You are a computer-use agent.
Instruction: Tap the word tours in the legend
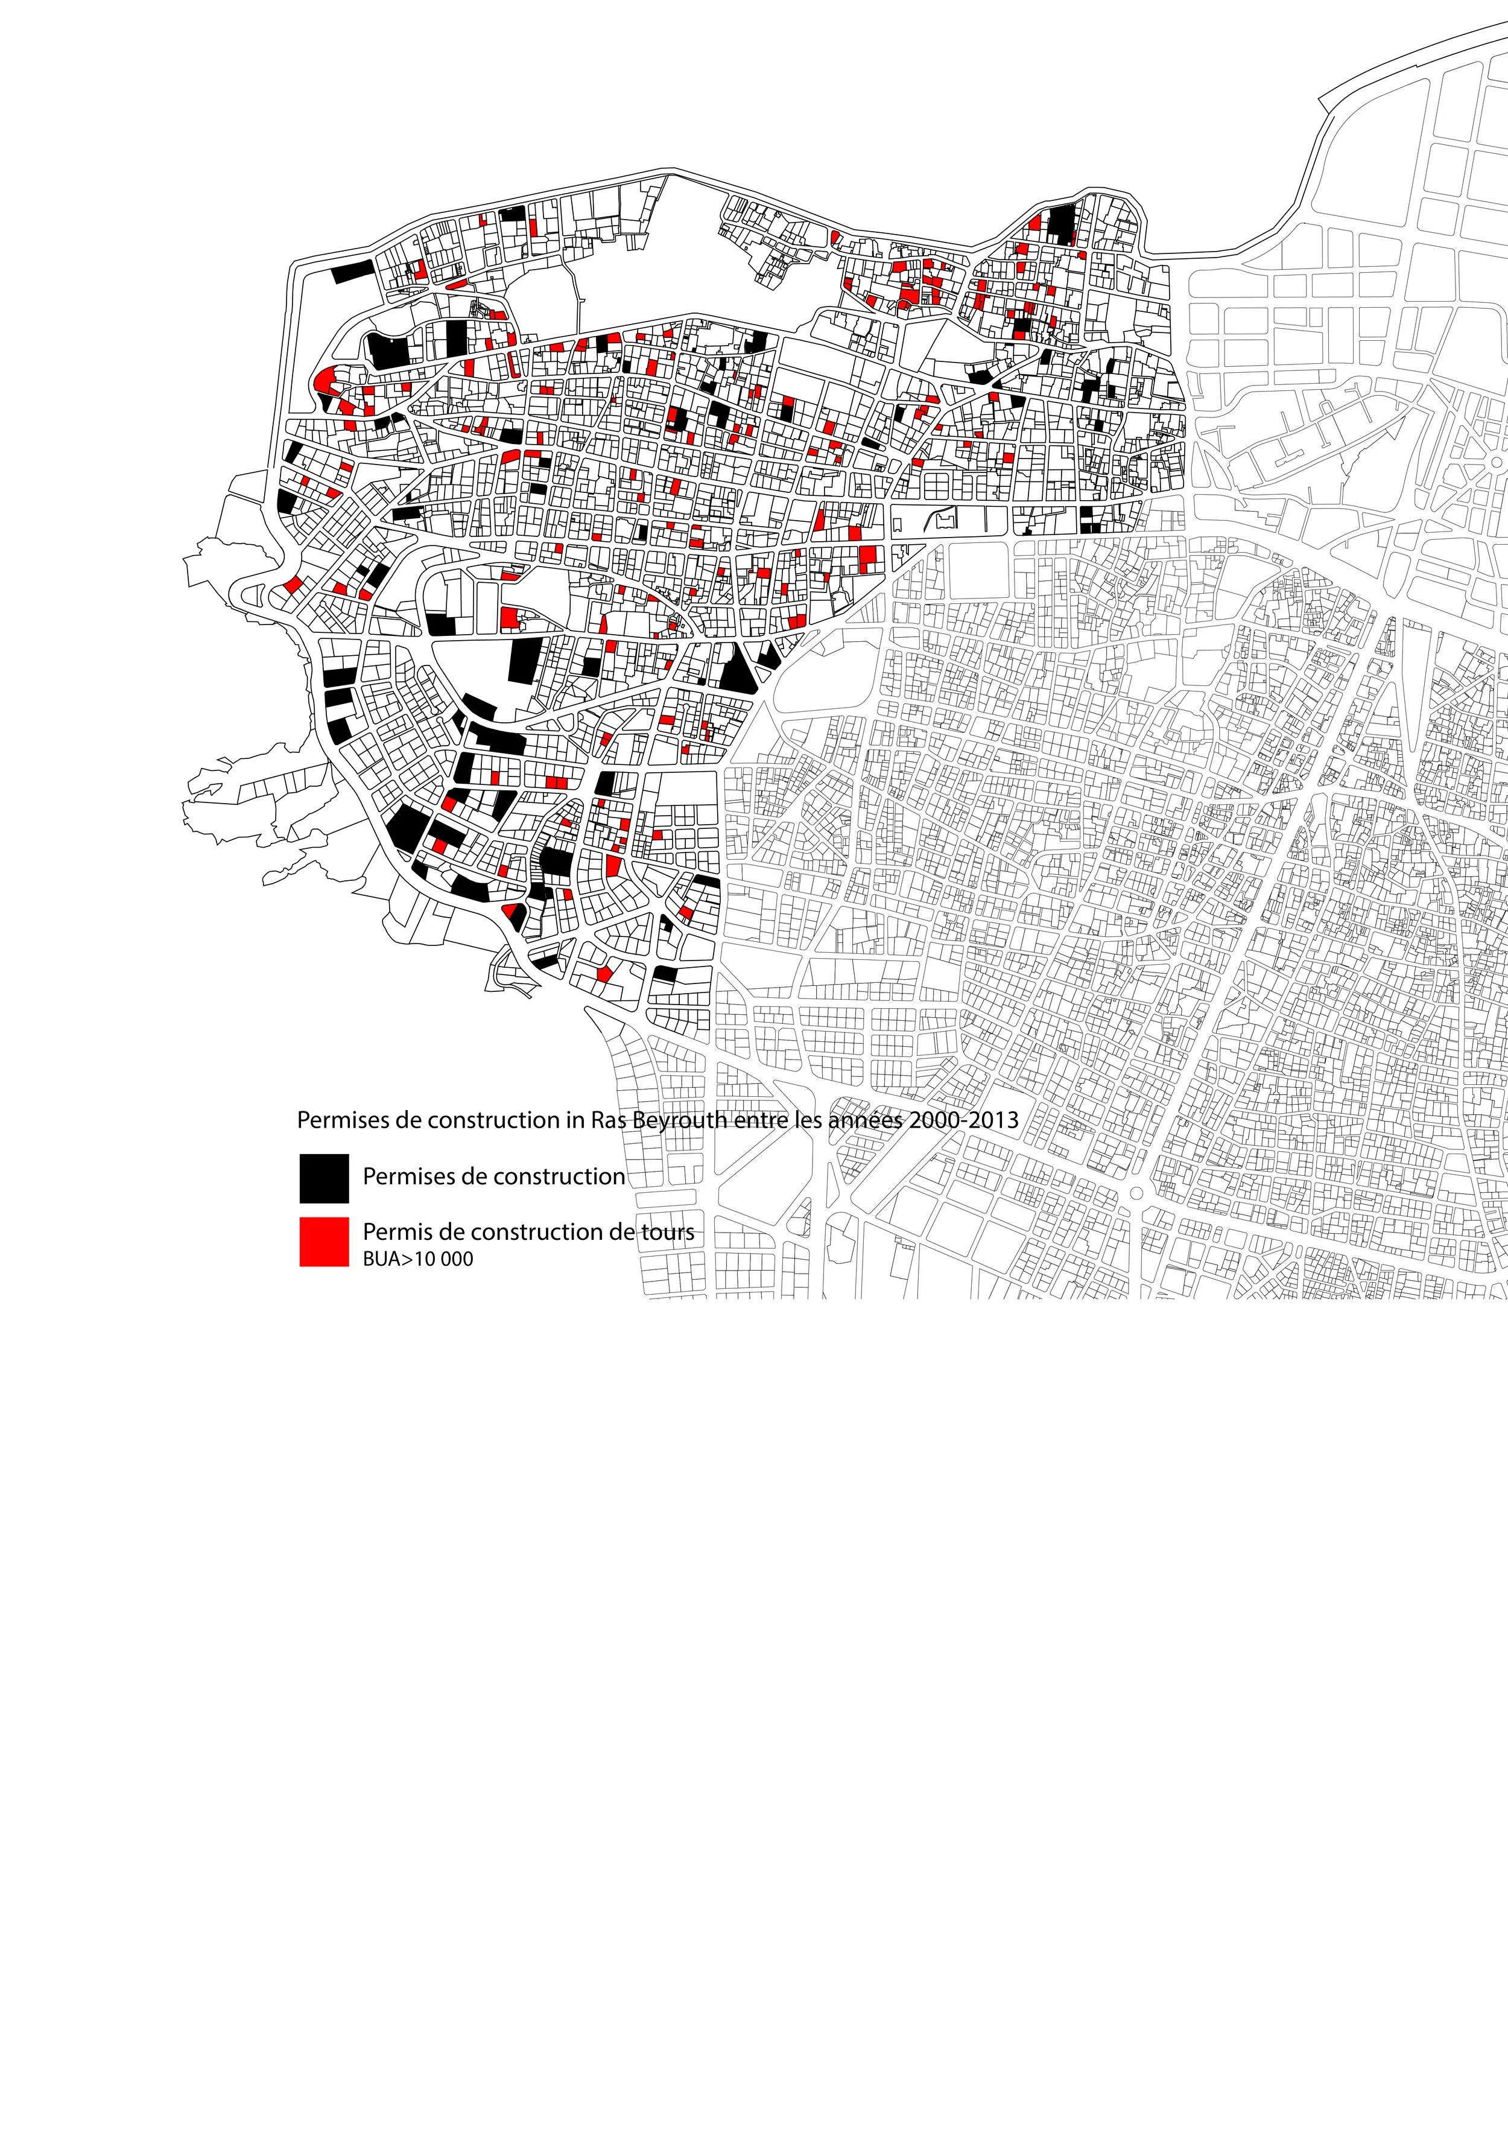[667, 1232]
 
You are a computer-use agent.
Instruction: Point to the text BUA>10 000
[417, 1259]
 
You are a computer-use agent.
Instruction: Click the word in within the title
[574, 1119]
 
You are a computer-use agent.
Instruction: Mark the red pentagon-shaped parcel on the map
[604, 973]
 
